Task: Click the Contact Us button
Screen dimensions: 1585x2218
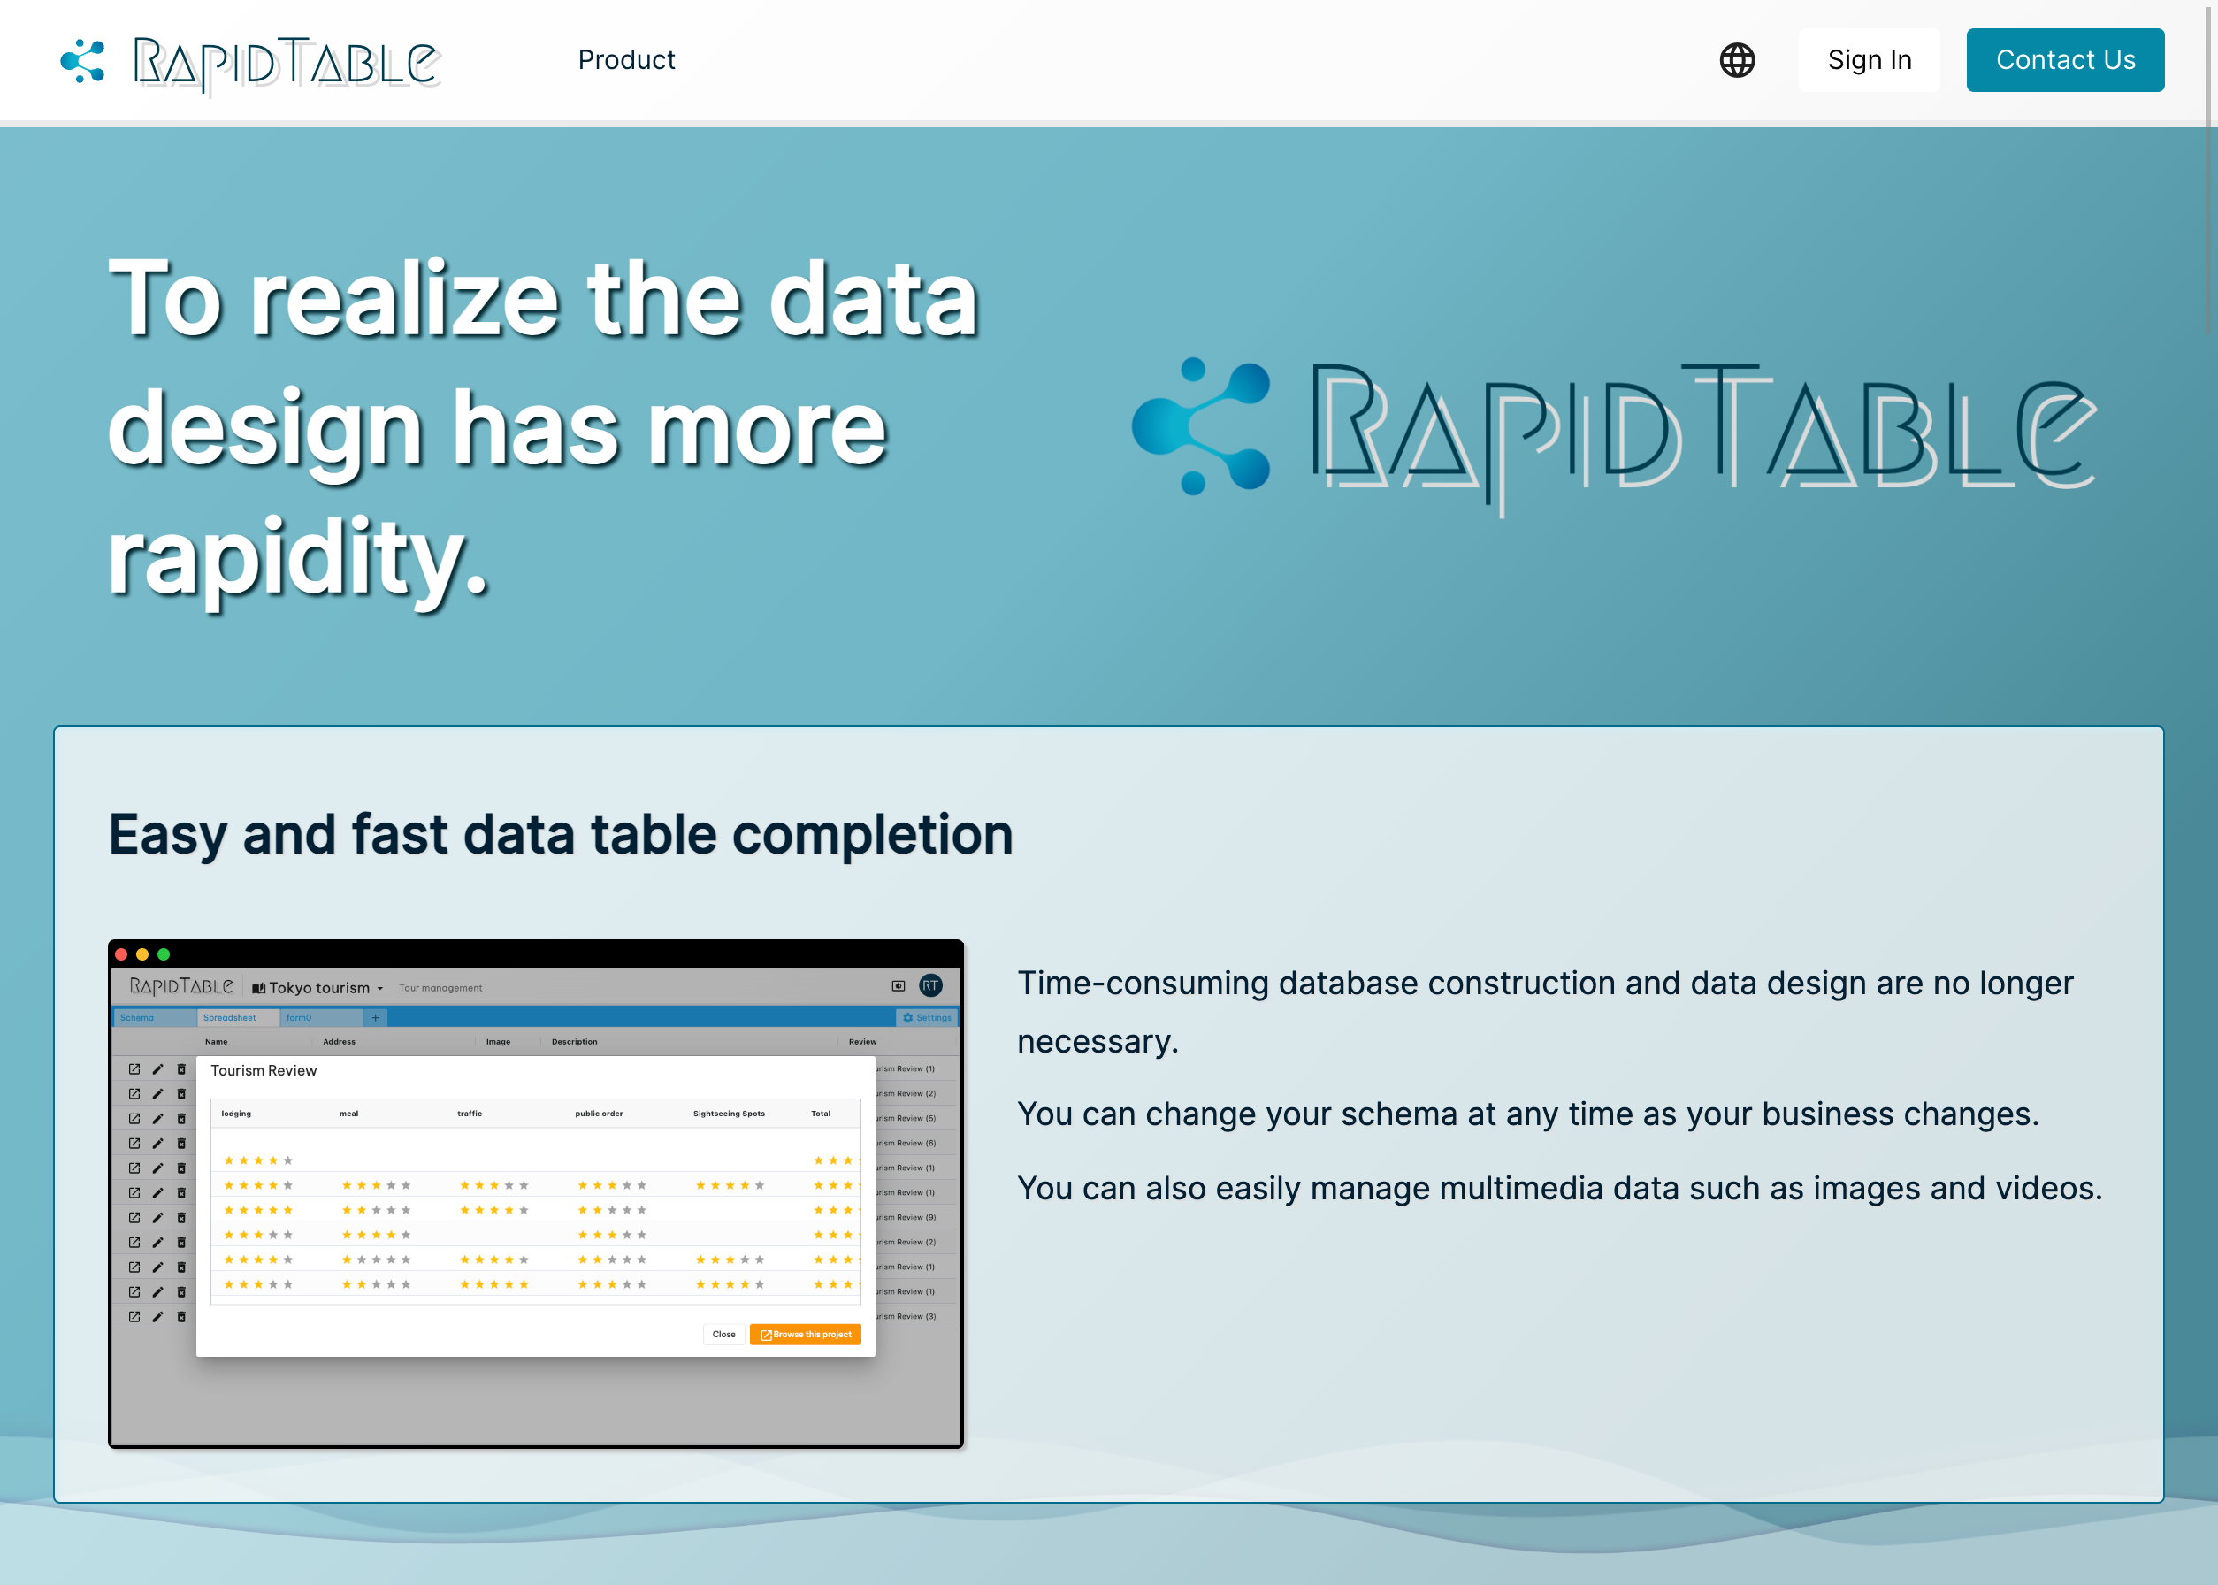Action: pos(2065,60)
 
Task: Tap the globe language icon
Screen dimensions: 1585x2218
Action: pos(1737,60)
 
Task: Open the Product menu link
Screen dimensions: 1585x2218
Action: pos(626,60)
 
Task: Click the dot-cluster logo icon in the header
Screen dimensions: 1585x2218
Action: pos(83,60)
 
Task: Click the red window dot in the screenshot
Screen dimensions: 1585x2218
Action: pos(121,954)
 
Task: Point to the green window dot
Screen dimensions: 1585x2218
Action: pos(164,954)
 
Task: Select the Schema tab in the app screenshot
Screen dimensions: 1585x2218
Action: pos(138,1018)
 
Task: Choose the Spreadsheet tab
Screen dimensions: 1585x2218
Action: pos(229,1018)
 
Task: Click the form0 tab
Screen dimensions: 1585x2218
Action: pos(300,1018)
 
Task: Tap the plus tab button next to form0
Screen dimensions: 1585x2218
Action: pos(376,1018)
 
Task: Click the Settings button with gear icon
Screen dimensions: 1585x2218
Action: pos(927,1018)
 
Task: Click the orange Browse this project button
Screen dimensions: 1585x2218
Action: pos(806,1334)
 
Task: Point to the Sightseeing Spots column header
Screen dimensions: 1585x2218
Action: pos(729,1114)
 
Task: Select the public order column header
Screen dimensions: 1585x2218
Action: pos(599,1114)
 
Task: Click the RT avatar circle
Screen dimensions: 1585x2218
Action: pos(931,985)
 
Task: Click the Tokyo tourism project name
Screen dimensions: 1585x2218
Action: pos(319,988)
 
